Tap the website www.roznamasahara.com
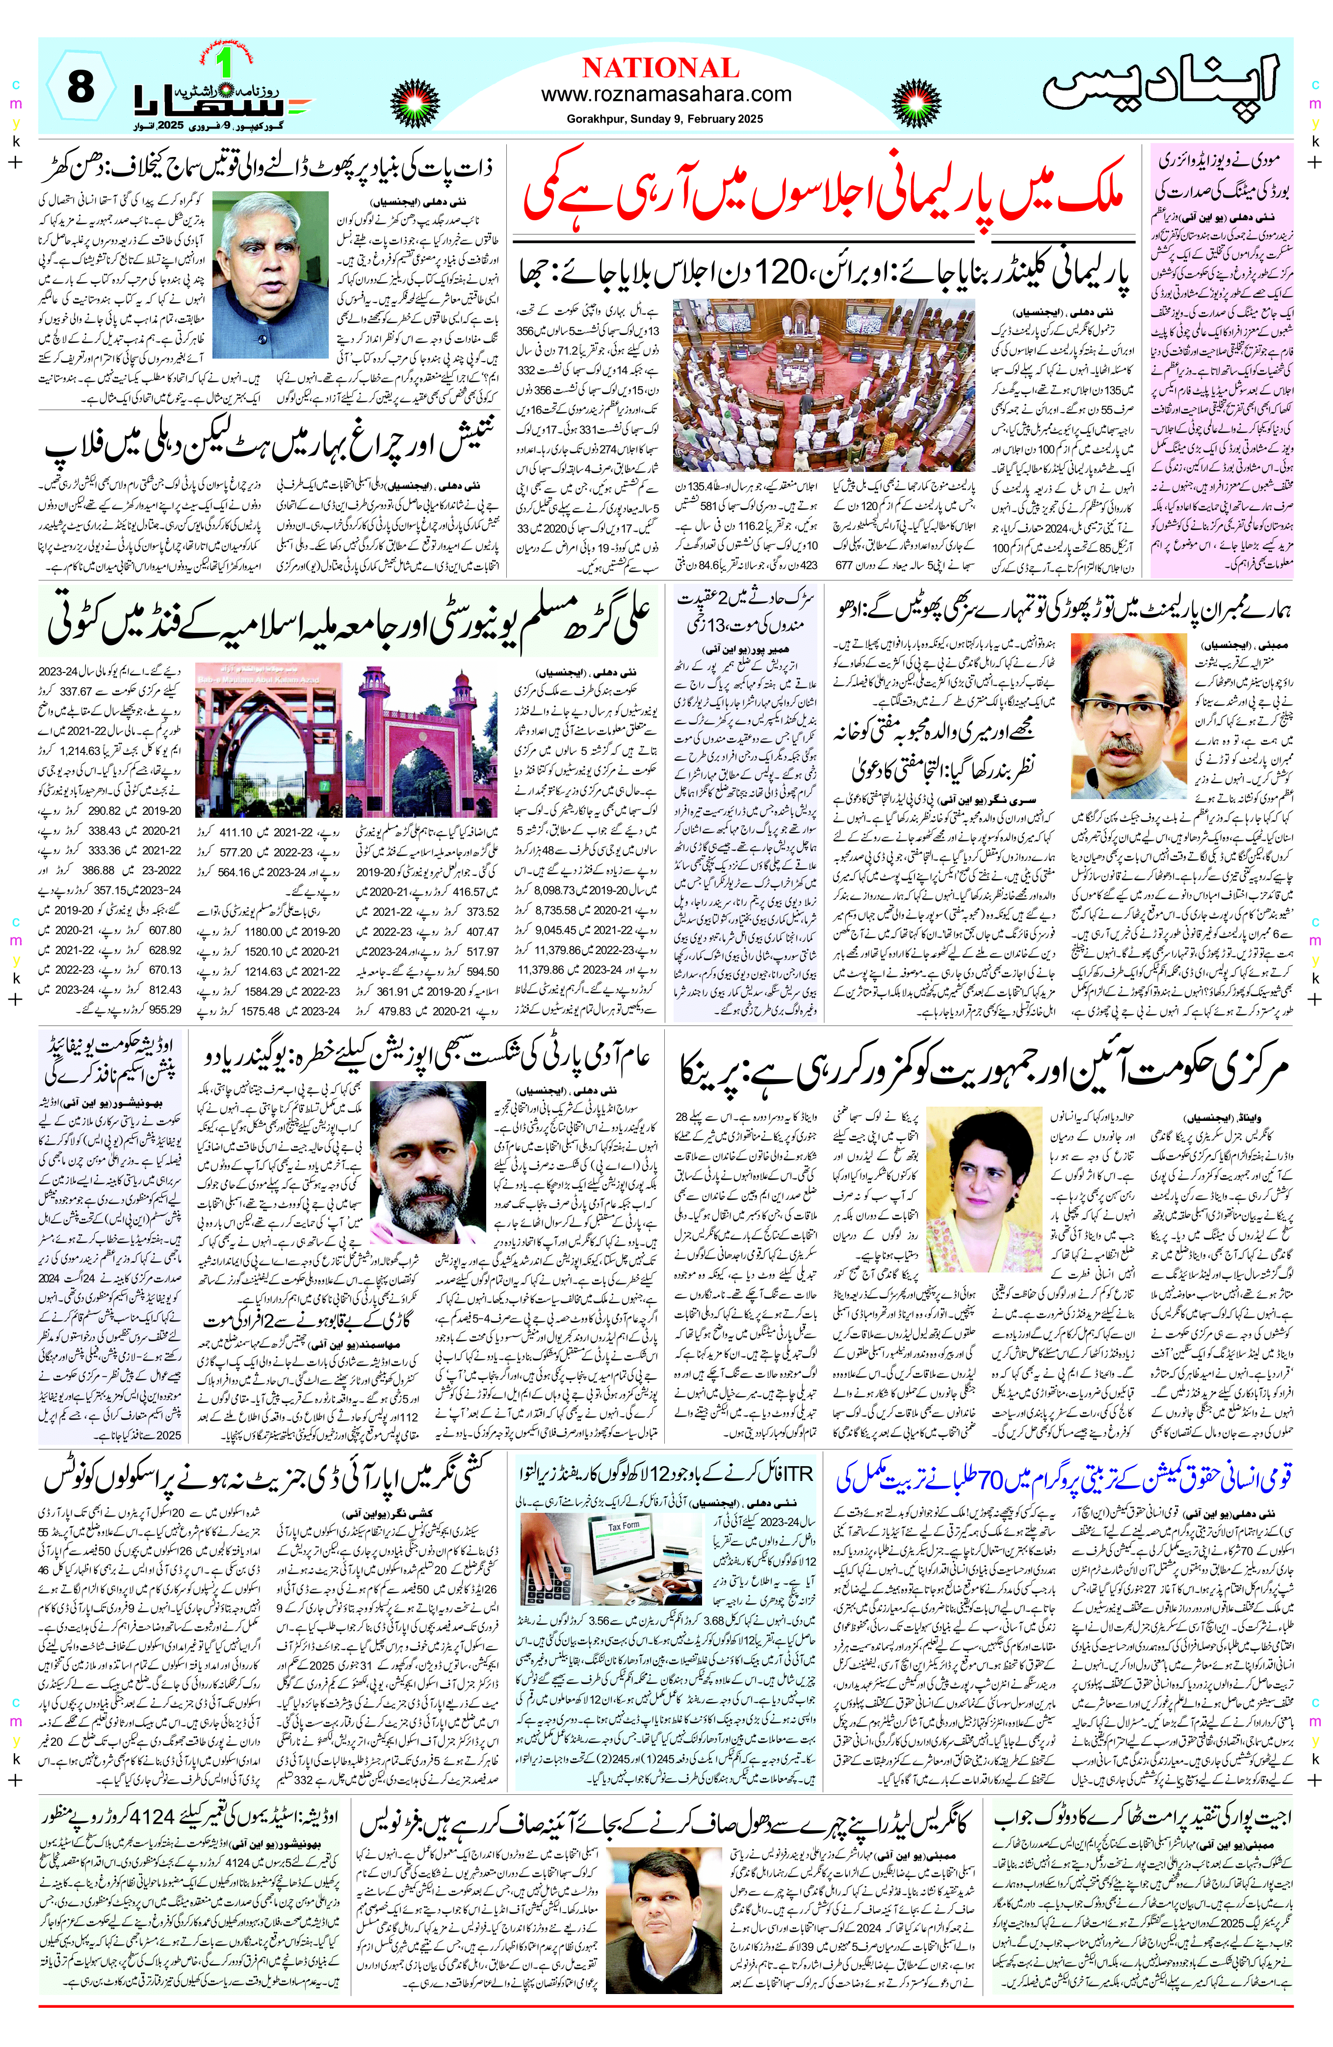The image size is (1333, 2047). pos(666,94)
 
